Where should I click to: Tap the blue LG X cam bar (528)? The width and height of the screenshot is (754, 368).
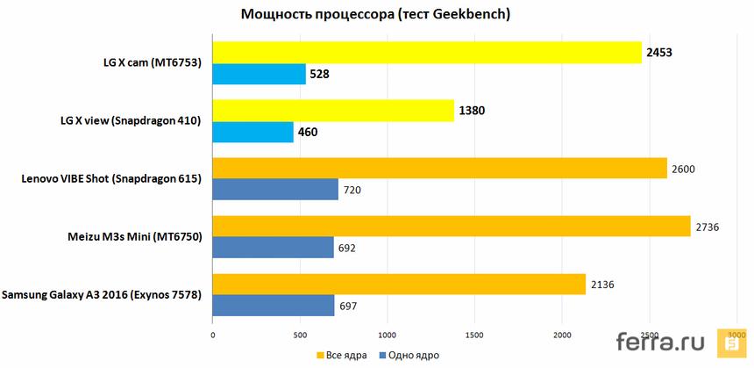[259, 75]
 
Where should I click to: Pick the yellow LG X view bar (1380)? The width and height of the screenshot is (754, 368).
[333, 111]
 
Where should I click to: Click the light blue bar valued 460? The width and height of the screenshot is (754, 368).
[253, 133]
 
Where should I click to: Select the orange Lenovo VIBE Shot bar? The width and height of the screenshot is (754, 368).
[439, 168]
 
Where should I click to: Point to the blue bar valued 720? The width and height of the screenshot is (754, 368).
[275, 190]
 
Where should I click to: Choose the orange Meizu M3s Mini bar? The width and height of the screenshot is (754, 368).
[451, 227]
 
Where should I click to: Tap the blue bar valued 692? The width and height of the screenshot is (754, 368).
[273, 248]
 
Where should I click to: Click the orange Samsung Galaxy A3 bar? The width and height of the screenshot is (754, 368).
[399, 285]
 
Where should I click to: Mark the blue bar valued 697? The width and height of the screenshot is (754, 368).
[274, 306]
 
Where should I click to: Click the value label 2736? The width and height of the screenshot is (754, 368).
[708, 227]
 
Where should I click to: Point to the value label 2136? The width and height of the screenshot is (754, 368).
[603, 285]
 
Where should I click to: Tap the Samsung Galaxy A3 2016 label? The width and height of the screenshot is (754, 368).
[102, 295]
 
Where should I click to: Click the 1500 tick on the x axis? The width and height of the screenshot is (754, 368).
[475, 335]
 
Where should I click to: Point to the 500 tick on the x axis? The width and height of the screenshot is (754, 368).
[300, 335]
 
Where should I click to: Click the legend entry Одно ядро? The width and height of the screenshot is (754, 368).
[409, 355]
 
